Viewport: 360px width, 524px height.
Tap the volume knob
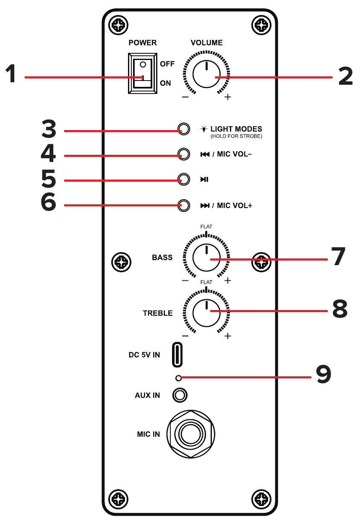[x=206, y=74]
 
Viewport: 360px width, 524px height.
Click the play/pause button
[x=183, y=180]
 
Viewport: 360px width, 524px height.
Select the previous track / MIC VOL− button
[x=183, y=154]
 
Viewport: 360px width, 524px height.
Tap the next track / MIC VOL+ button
[x=183, y=205]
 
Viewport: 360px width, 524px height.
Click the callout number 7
[x=338, y=257]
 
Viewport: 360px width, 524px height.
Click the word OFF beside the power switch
[x=167, y=64]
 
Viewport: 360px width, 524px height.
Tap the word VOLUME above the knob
[x=206, y=43]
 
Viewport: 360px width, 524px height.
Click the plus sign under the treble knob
[x=228, y=336]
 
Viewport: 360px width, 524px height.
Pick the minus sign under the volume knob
[x=185, y=97]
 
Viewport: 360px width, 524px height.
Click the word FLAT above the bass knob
[x=206, y=227]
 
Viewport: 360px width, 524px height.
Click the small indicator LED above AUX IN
[x=178, y=378]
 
